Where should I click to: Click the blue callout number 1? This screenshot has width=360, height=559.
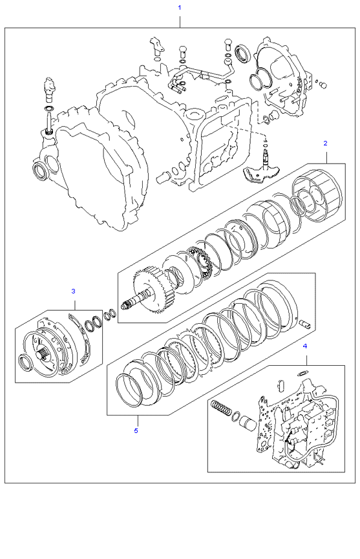click(x=180, y=7)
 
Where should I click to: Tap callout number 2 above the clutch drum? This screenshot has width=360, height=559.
click(x=325, y=142)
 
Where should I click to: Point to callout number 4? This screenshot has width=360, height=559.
click(x=304, y=346)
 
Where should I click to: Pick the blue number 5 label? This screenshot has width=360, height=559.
click(x=136, y=430)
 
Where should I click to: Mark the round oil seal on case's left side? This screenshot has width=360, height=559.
click(x=40, y=171)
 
